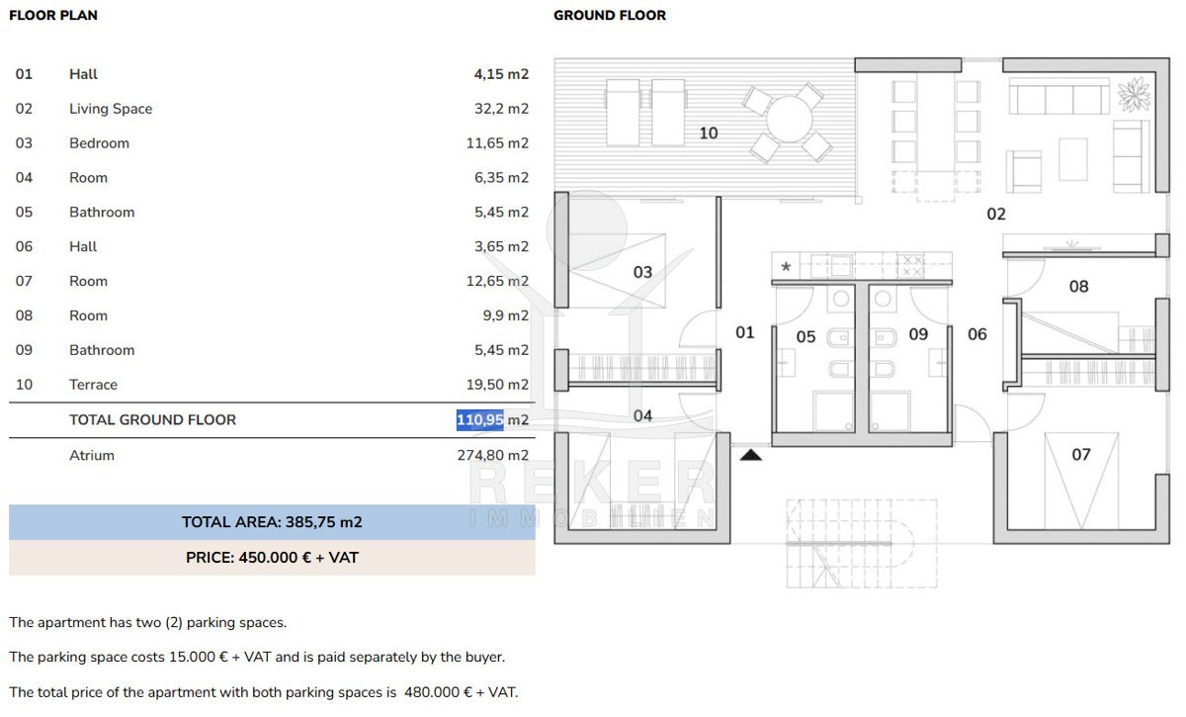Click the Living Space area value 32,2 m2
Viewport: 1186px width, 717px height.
pyautogui.click(x=501, y=109)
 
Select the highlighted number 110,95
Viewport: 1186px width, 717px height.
pyautogui.click(x=479, y=419)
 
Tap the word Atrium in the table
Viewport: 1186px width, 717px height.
pyautogui.click(x=92, y=455)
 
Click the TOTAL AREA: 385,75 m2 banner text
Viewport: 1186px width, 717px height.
pyautogui.click(x=272, y=522)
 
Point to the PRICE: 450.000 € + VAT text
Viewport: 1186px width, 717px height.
pyautogui.click(x=272, y=558)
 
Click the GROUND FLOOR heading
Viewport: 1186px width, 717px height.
pyautogui.click(x=610, y=16)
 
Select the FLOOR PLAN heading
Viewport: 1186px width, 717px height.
pyautogui.click(x=53, y=16)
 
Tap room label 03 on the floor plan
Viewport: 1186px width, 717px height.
pyautogui.click(x=642, y=272)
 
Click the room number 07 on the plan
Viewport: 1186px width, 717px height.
pyautogui.click(x=1081, y=454)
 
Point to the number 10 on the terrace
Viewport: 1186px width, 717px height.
pyautogui.click(x=709, y=133)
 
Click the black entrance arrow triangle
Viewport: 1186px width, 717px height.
pyautogui.click(x=751, y=455)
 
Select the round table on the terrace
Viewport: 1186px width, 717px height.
pyautogui.click(x=789, y=120)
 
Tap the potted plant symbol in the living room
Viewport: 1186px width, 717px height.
pyautogui.click(x=1135, y=94)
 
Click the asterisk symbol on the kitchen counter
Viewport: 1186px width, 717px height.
pyautogui.click(x=786, y=266)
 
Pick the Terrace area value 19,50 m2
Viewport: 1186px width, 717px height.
pyautogui.click(x=497, y=385)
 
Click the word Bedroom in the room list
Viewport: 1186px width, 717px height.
pyautogui.click(x=99, y=143)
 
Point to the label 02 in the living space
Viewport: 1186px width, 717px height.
pyautogui.click(x=996, y=214)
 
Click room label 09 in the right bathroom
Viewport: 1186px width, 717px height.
pyautogui.click(x=918, y=334)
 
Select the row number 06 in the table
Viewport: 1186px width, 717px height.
pyautogui.click(x=24, y=246)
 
